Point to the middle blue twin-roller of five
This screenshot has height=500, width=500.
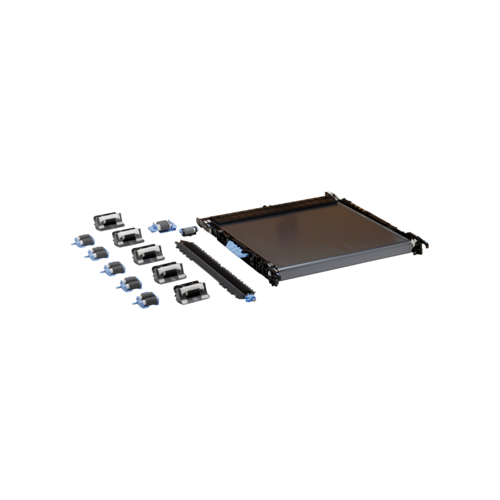coord(112,269)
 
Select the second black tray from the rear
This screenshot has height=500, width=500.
coord(127,237)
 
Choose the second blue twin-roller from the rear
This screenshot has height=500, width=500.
coord(97,254)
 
